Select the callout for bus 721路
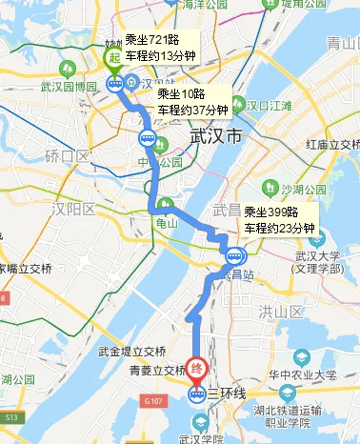point(160,46)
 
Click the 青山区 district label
point(341,43)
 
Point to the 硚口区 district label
point(67,155)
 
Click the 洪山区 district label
point(280,311)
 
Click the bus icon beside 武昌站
point(232,253)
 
